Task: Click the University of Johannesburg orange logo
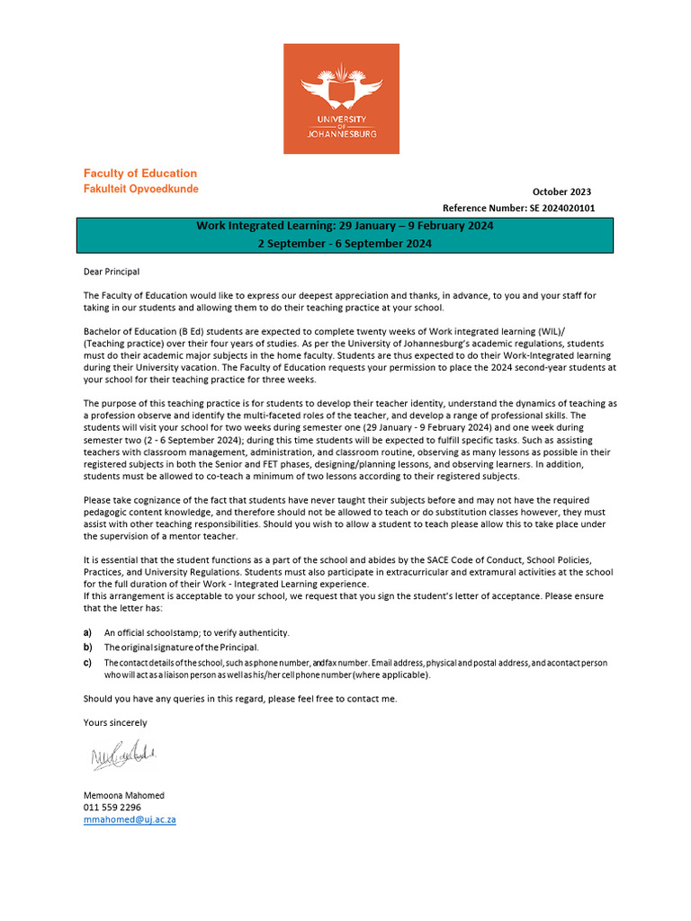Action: tap(341, 99)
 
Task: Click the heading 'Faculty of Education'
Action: tap(139, 173)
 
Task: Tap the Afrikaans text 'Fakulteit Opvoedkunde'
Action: tap(140, 189)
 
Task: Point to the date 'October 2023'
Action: tap(561, 192)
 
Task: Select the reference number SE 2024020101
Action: tap(558, 208)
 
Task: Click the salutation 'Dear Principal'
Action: tap(112, 271)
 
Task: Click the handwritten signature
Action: tap(122, 757)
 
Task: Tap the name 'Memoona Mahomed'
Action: tap(124, 795)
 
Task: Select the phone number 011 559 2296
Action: tap(112, 808)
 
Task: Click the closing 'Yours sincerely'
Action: tap(115, 722)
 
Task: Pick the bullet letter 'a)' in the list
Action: tap(87, 633)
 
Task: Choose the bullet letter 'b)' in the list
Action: tap(87, 648)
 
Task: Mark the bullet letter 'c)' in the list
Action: tap(87, 663)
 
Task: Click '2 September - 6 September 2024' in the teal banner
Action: tap(345, 244)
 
